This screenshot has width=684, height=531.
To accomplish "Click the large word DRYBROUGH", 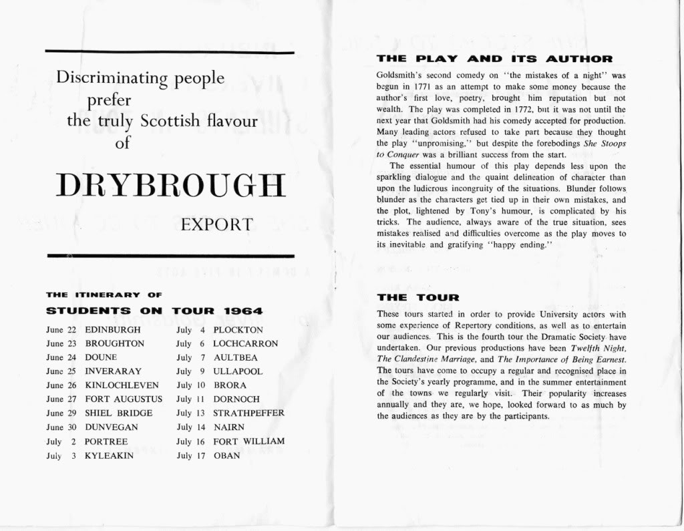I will click(x=170, y=185).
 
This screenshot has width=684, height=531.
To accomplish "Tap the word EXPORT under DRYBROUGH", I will click(x=217, y=224).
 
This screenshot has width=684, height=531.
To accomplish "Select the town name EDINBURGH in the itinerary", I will click(x=113, y=330).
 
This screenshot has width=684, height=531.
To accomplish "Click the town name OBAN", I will click(x=226, y=456).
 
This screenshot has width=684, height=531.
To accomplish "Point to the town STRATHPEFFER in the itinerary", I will click(x=248, y=413).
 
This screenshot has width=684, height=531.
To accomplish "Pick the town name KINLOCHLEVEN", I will click(x=122, y=385).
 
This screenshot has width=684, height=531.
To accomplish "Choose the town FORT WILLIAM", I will click(x=248, y=441).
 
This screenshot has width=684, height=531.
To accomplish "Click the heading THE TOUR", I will click(x=417, y=297).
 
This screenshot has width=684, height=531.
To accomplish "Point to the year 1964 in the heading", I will click(x=243, y=311).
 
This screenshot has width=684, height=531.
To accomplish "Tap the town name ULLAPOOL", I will click(x=238, y=371).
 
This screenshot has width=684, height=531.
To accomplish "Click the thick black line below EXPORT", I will click(x=170, y=256).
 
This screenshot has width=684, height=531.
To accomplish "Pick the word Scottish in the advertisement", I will click(x=170, y=121).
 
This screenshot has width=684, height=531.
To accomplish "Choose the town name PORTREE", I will click(x=106, y=441).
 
